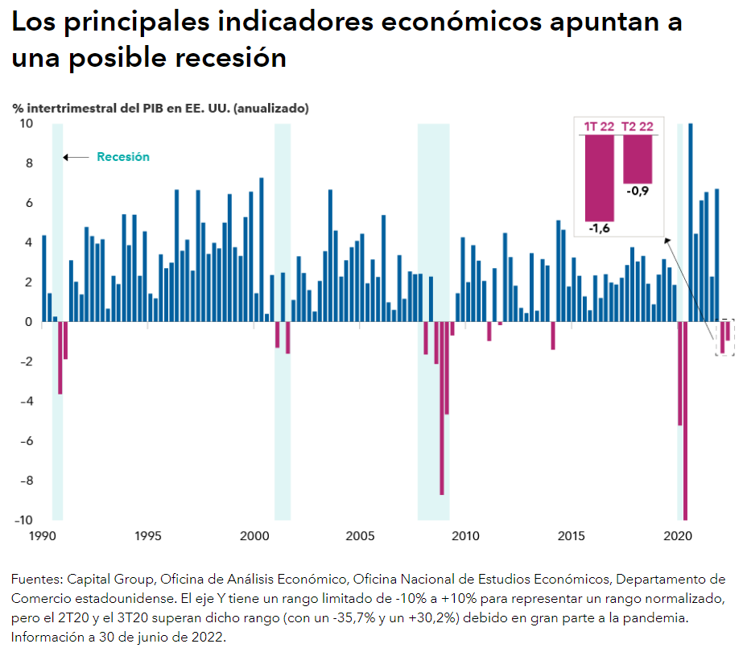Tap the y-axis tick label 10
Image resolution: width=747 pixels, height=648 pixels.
pyautogui.click(x=27, y=124)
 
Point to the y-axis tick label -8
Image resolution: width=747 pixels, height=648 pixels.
pyautogui.click(x=25, y=481)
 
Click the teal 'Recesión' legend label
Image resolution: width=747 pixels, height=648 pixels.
pyautogui.click(x=123, y=157)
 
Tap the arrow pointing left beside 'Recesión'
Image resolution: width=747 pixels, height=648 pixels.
pyautogui.click(x=76, y=157)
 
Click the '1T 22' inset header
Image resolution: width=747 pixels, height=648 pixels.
pyautogui.click(x=599, y=126)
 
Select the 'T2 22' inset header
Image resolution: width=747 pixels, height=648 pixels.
pyautogui.click(x=638, y=126)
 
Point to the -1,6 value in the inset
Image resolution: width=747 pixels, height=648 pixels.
pyautogui.click(x=599, y=229)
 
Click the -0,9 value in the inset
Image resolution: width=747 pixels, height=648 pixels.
pyautogui.click(x=637, y=192)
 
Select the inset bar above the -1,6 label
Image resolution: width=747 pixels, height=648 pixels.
pyautogui.click(x=599, y=177)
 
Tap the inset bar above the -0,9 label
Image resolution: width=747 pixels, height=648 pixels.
pyautogui.click(x=638, y=159)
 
